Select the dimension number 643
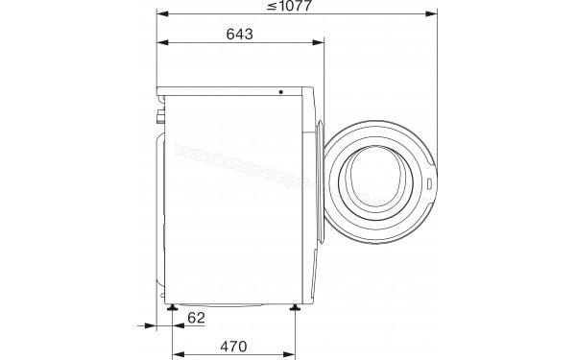tap(240, 35)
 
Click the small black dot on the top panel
tap(281, 92)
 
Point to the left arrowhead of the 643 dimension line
tap(162, 43)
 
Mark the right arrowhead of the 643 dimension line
tap(319, 43)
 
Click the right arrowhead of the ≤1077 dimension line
tap(431, 15)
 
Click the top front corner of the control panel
tap(314, 88)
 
